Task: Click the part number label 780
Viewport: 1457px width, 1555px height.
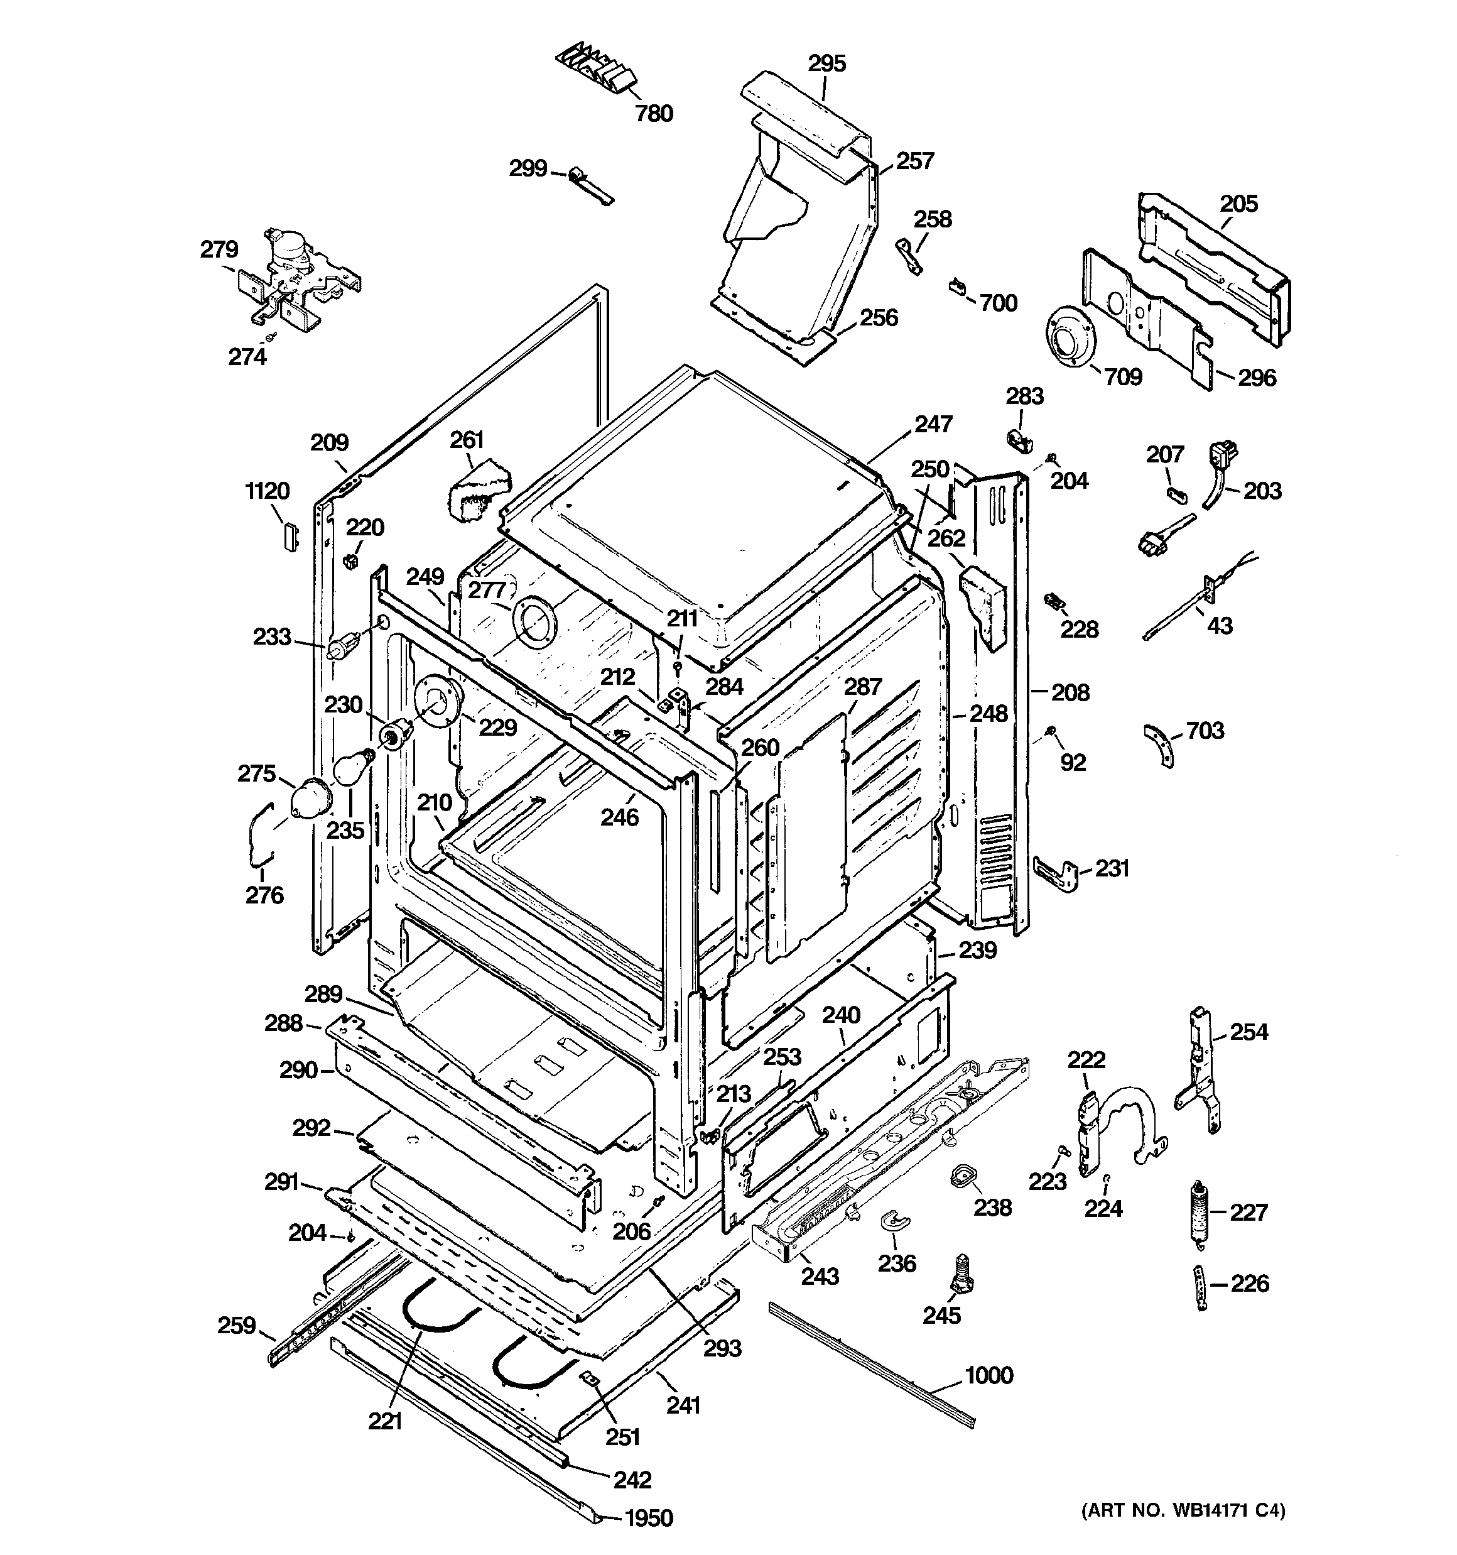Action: click(654, 114)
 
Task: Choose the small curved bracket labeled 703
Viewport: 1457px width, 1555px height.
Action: click(1161, 744)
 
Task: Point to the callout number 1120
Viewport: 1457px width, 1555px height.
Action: click(268, 491)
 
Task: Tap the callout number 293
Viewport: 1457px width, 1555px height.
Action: click(721, 1348)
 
